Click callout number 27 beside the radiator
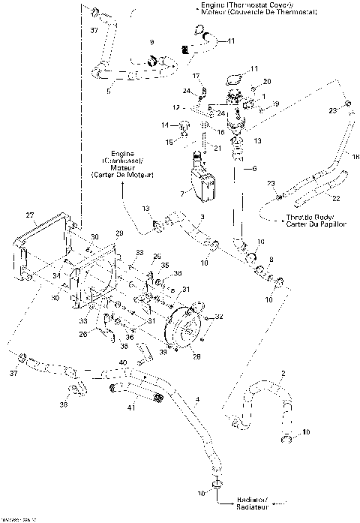[30, 215]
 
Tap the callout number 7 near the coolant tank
[181, 194]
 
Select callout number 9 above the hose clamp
[151, 42]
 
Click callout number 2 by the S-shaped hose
[283, 373]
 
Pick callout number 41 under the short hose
[132, 408]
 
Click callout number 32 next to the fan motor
[220, 318]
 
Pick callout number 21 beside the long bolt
[218, 148]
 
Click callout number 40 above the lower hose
[122, 363]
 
